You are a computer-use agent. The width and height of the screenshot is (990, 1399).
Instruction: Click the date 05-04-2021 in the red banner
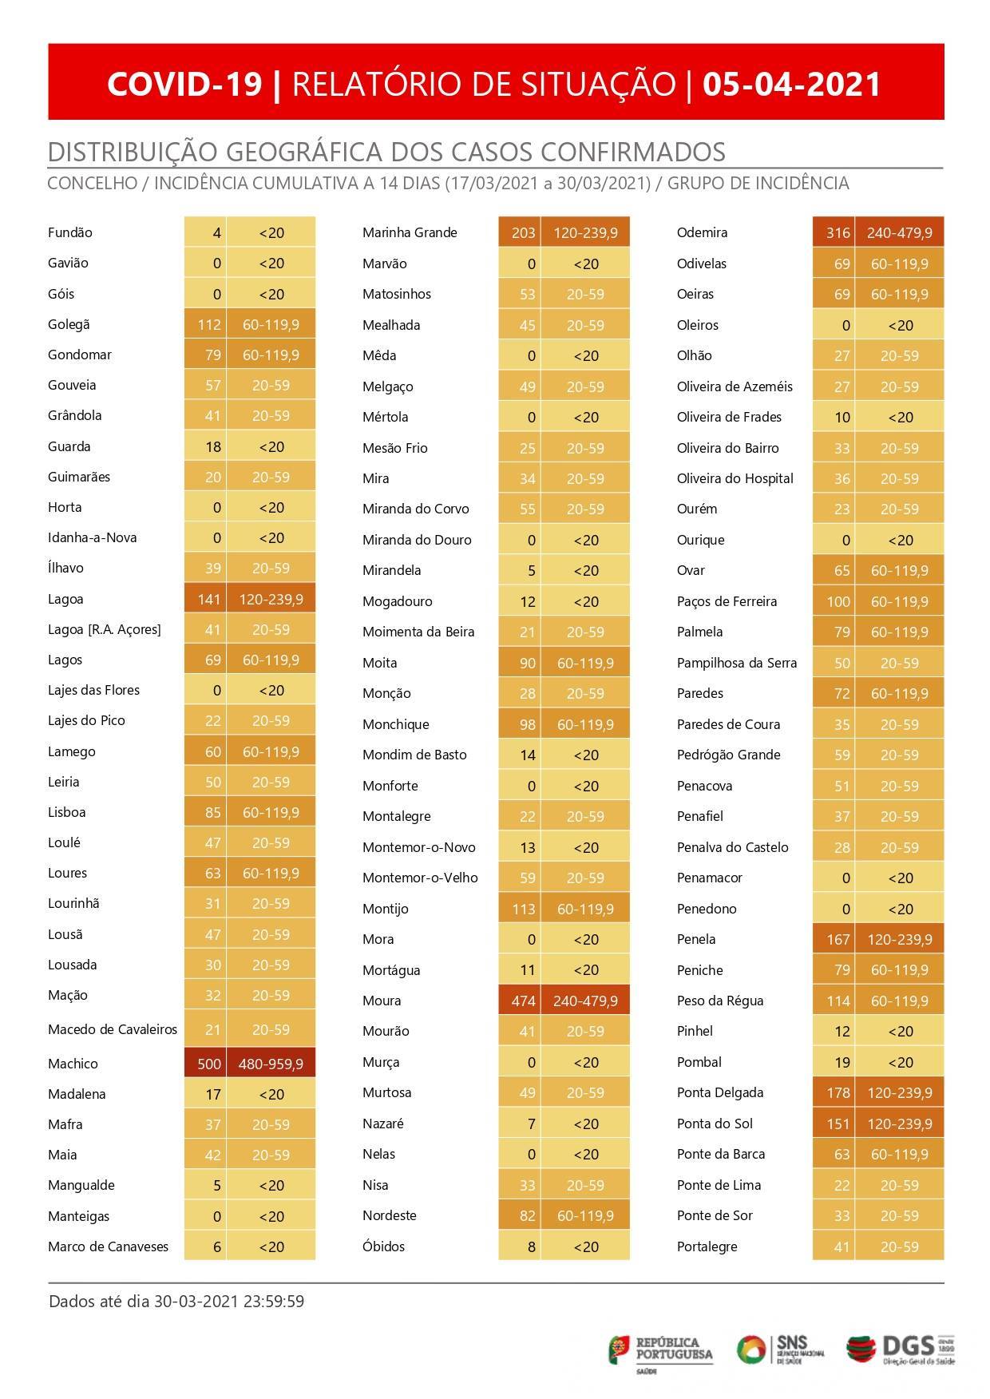[x=791, y=84]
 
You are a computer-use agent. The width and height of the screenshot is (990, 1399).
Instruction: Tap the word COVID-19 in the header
[x=184, y=84]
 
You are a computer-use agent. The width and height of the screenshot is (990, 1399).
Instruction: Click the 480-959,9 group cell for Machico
[x=271, y=1064]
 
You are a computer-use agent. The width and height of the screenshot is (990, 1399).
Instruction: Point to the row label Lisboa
[x=67, y=812]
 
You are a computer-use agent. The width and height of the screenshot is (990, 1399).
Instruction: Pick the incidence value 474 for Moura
[x=523, y=1001]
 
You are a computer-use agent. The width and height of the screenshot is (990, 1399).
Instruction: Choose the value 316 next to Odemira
[x=838, y=232]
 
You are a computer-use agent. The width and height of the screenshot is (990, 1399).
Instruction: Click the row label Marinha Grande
[x=410, y=232]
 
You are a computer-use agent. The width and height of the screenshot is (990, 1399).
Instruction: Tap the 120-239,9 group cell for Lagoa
[x=271, y=599]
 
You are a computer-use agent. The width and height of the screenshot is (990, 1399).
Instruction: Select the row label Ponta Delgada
[x=720, y=1092]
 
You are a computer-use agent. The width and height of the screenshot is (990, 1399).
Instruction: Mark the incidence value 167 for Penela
[x=838, y=939]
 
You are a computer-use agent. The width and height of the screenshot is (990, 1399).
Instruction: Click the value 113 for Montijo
[x=523, y=909]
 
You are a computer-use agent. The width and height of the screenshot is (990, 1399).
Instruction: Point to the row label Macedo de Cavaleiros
[x=113, y=1029]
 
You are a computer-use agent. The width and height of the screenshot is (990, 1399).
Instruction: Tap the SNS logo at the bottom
[x=779, y=1351]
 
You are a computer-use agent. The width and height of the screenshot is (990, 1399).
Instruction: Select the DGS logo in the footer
[x=901, y=1350]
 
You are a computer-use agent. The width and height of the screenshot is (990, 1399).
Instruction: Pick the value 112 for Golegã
[x=209, y=324]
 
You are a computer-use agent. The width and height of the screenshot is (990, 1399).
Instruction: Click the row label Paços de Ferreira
[x=727, y=601]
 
